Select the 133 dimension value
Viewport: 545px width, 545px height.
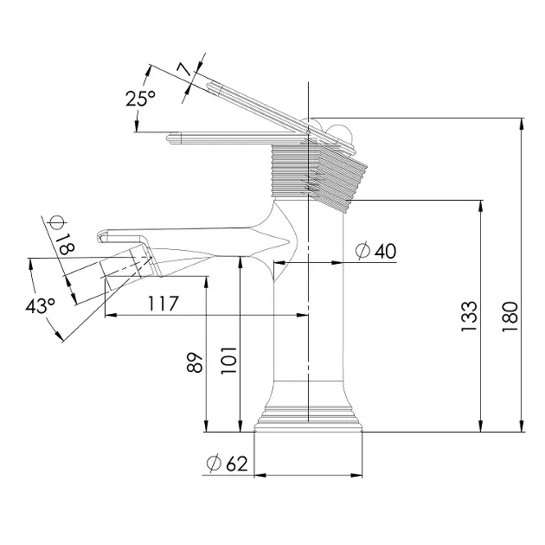[x=468, y=317]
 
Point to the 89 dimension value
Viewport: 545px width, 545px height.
[x=196, y=362]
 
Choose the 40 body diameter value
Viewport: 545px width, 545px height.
[x=385, y=251]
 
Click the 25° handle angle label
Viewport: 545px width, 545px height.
[x=140, y=99]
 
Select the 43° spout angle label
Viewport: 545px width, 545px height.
[x=40, y=306]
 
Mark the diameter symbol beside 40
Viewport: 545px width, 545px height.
[x=362, y=251]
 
